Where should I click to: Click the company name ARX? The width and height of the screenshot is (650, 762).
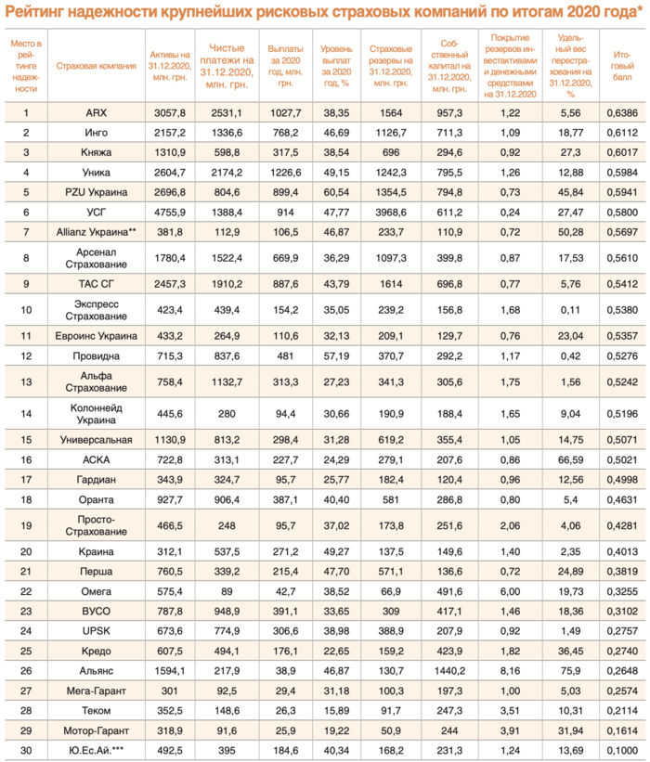click(x=97, y=112)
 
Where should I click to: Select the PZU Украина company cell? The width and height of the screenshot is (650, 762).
click(x=97, y=192)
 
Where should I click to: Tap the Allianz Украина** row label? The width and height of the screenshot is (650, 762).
click(x=97, y=231)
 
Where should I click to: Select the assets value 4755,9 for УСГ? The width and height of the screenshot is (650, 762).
click(x=170, y=212)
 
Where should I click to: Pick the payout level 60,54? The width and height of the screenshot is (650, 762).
click(x=335, y=192)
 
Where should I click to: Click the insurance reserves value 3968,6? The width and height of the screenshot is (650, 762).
click(x=391, y=212)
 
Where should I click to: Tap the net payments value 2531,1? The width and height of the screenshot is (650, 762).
click(x=226, y=112)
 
